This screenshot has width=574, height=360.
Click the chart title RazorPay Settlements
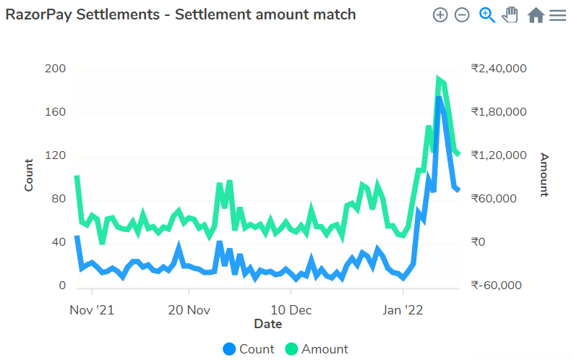(x=181, y=14)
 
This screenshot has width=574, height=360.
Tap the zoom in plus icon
(x=440, y=14)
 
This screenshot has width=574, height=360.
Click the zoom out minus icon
(x=462, y=14)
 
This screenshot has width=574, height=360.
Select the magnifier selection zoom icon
(x=487, y=14)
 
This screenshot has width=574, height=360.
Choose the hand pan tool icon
(x=510, y=14)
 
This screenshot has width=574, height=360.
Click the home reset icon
(x=536, y=14)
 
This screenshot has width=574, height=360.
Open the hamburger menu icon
(x=557, y=14)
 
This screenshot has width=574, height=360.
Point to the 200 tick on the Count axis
(x=56, y=69)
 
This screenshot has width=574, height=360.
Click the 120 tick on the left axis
(x=56, y=156)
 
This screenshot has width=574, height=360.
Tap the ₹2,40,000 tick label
(x=498, y=69)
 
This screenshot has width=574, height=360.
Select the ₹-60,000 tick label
(x=496, y=286)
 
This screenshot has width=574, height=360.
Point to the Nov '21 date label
(x=93, y=310)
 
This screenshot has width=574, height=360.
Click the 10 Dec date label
(x=291, y=310)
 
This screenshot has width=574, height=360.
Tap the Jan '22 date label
(x=403, y=310)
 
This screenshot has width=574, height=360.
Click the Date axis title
(x=267, y=325)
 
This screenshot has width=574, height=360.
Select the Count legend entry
(x=249, y=349)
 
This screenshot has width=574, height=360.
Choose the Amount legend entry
(x=316, y=349)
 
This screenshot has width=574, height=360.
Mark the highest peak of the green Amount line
(x=439, y=79)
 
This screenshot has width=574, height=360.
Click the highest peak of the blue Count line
(x=439, y=98)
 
